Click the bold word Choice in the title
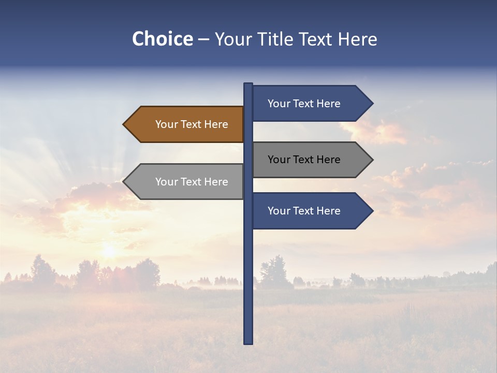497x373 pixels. tap(162, 39)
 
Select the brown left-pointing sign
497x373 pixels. tap(186, 124)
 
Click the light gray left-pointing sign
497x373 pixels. tap(186, 181)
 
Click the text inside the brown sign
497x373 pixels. tap(192, 124)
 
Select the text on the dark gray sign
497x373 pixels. tap(304, 160)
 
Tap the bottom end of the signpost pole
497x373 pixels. tap(248, 342)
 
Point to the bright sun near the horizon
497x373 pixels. tap(109, 251)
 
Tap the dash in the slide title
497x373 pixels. tap(203, 39)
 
